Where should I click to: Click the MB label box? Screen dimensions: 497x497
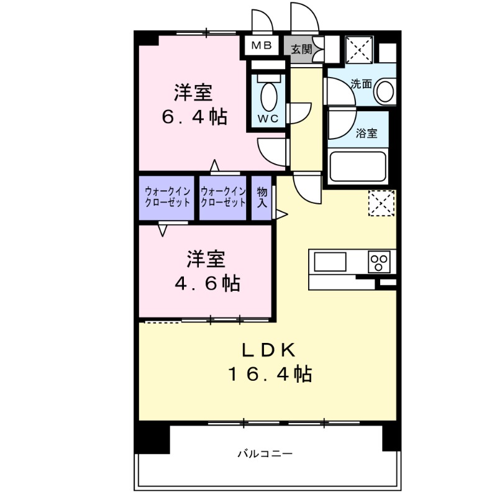tap(262, 47)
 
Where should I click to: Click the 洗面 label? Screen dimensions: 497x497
tap(361, 84)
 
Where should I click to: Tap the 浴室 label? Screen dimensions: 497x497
tap(367, 133)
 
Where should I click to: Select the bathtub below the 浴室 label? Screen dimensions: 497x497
tap(358, 166)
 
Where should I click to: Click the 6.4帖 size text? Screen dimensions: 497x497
tap(194, 116)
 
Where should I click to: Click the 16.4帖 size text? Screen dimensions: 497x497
tap(269, 374)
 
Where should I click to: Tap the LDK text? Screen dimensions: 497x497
tap(268, 349)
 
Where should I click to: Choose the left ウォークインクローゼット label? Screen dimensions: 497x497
tap(168, 198)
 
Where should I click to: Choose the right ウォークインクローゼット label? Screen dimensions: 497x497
tap(224, 198)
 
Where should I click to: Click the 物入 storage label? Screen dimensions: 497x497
tap(262, 198)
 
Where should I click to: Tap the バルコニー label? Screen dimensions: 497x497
tap(265, 454)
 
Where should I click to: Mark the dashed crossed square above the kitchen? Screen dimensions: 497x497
tap(381, 203)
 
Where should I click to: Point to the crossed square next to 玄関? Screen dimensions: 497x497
tap(358, 48)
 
